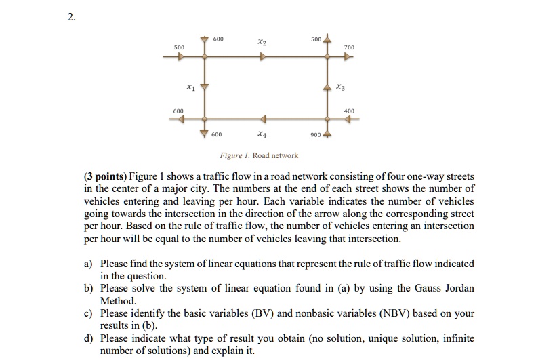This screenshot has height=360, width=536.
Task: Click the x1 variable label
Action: coord(190,87)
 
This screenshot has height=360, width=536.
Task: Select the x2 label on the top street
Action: coord(262,42)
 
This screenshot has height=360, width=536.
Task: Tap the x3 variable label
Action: coord(340,87)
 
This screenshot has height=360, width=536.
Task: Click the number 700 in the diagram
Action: coord(349,48)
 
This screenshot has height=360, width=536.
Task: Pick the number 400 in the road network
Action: coord(349,111)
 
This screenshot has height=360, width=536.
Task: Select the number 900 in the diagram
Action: coord(315,134)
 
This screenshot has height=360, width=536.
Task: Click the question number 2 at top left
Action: coord(71,18)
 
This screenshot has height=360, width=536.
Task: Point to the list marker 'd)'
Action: coord(88,338)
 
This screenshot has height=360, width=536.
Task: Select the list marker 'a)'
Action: coord(88,263)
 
